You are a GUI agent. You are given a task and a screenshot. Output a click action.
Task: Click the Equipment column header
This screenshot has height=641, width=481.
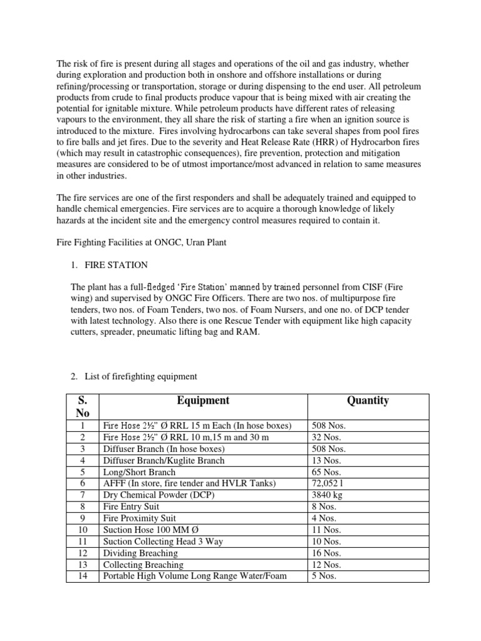click(x=202, y=401)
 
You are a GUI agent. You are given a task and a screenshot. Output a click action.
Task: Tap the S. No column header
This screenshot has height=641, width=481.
click(x=83, y=406)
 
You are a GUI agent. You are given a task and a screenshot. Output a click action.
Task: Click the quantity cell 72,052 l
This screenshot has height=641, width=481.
click(x=331, y=483)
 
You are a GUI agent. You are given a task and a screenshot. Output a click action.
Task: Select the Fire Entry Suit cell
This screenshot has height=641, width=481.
click(x=131, y=506)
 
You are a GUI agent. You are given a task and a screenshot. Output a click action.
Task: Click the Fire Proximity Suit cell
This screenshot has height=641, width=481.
click(x=139, y=518)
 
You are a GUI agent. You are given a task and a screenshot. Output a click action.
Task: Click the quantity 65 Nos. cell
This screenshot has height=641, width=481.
click(x=326, y=472)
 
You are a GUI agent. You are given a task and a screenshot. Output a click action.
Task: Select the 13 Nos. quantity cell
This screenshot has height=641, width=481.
click(x=326, y=460)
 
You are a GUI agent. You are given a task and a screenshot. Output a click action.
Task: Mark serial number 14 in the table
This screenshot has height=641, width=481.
click(x=83, y=576)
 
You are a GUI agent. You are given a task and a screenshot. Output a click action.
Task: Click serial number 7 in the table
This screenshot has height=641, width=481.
click(x=83, y=495)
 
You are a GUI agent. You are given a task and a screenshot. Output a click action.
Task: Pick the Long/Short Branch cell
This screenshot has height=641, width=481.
click(x=139, y=472)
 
